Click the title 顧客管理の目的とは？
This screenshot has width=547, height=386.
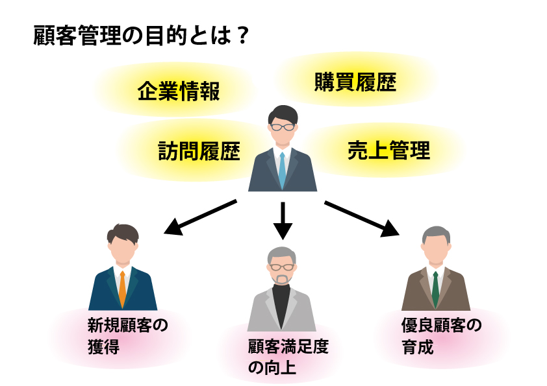[140, 35]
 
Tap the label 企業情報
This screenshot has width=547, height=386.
[179, 91]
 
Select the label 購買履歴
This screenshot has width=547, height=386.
[355, 82]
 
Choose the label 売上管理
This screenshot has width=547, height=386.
[388, 151]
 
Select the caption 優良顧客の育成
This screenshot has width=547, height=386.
[441, 335]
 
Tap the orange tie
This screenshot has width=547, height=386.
[123, 289]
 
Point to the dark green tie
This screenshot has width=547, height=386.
[435, 289]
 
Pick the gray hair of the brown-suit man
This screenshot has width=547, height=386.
[436, 234]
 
